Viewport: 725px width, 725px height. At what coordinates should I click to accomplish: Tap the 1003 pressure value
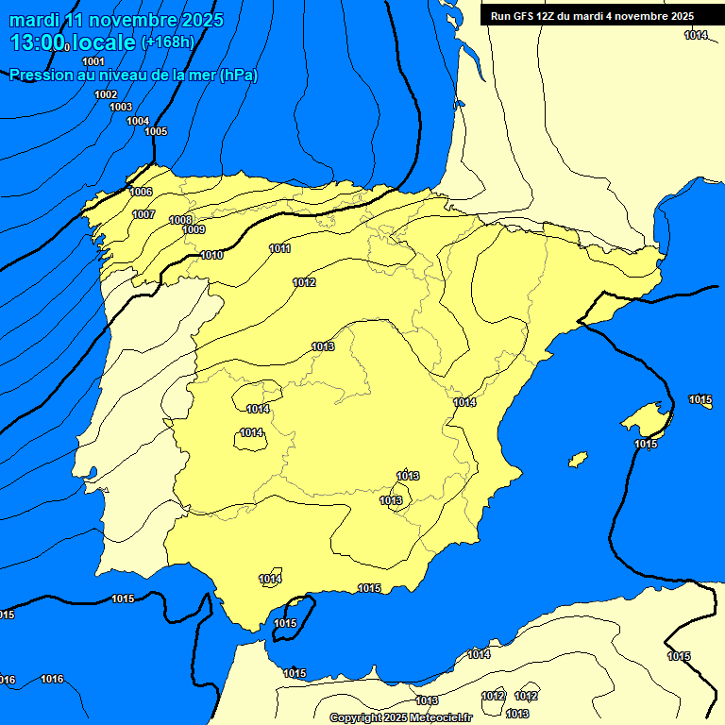click(x=121, y=107)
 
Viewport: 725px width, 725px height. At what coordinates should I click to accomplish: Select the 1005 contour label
click(x=156, y=131)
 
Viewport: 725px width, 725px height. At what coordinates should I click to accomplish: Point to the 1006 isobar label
click(x=141, y=192)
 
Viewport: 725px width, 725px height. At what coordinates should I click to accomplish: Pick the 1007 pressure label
click(x=143, y=214)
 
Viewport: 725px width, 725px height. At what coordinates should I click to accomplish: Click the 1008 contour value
click(x=180, y=220)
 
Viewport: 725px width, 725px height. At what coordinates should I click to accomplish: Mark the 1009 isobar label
click(x=194, y=229)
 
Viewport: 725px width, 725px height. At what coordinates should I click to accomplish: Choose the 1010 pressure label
click(x=211, y=255)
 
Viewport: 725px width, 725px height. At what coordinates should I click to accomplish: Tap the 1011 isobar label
click(x=279, y=248)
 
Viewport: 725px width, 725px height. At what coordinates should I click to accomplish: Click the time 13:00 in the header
click(x=38, y=42)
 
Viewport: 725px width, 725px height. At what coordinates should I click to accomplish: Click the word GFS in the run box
click(x=526, y=16)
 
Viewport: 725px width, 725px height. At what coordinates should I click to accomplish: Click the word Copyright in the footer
click(x=356, y=717)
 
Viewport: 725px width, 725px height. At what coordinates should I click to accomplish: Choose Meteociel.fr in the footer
click(x=440, y=717)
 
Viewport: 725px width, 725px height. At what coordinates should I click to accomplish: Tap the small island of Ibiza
click(x=578, y=460)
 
